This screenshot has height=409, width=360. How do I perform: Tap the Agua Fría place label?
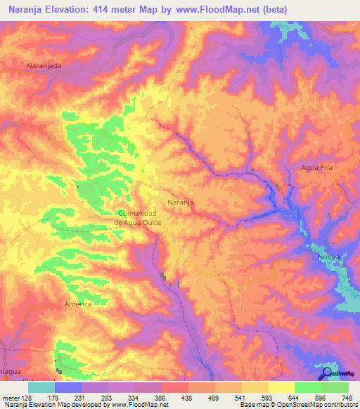point(316,168)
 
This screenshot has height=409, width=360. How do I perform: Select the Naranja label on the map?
point(181,202)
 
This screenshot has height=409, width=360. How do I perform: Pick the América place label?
point(78,304)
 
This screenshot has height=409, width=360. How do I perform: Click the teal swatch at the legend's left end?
point(41,387)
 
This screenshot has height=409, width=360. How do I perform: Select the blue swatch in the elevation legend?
point(68,387)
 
